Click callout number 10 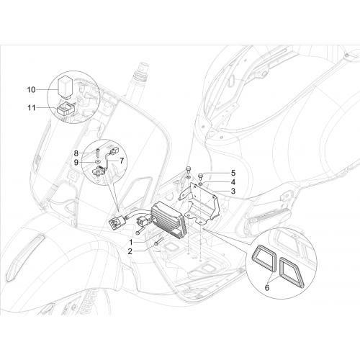31,90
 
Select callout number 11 31,108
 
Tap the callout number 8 76,153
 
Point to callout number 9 76,163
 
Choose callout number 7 122,161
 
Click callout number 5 233,173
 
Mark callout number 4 233,182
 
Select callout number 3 233,192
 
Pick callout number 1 131,242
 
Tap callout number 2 130,251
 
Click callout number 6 267,287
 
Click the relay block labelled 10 66,87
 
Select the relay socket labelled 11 66,109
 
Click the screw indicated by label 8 99,152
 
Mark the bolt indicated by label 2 159,241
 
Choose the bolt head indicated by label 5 201,175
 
